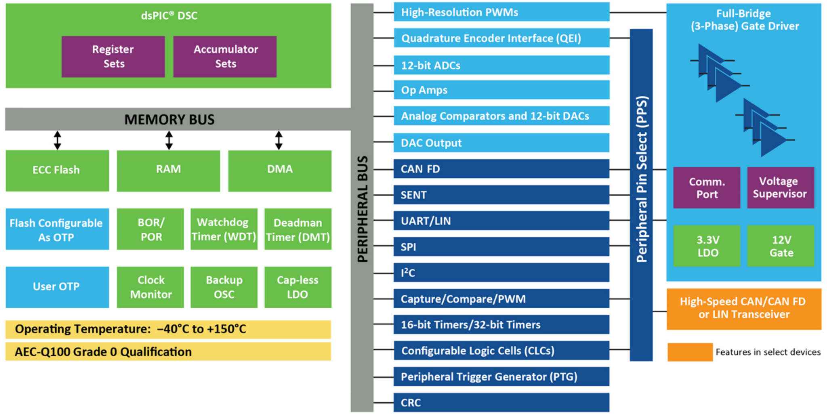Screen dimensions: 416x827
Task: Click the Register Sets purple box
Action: tap(113, 57)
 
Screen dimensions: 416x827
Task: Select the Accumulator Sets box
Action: tap(225, 57)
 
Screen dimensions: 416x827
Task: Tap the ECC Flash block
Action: tap(57, 170)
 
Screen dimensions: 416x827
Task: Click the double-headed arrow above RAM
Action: tap(169, 140)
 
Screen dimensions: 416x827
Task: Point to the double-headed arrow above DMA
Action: tap(279, 140)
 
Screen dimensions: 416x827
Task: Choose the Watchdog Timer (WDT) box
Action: tap(224, 229)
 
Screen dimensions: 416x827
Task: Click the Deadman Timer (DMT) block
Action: tap(298, 229)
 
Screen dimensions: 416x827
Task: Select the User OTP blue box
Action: tap(57, 287)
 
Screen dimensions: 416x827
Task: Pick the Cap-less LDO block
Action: tap(298, 287)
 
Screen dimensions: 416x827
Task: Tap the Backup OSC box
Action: tap(224, 287)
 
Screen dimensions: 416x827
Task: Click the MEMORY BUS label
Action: tap(169, 120)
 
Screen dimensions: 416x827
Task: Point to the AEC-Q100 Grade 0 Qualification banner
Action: tap(168, 352)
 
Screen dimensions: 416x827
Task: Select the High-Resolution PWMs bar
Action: tap(501, 12)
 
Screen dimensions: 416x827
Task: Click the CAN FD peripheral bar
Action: tap(501, 169)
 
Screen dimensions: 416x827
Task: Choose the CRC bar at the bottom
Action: tap(501, 403)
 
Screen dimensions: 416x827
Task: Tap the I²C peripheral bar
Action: tap(501, 273)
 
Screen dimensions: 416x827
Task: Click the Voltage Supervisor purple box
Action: tap(780, 188)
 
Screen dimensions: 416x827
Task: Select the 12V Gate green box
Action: tap(780, 246)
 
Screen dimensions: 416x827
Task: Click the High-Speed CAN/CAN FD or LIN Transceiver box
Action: tap(743, 309)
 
